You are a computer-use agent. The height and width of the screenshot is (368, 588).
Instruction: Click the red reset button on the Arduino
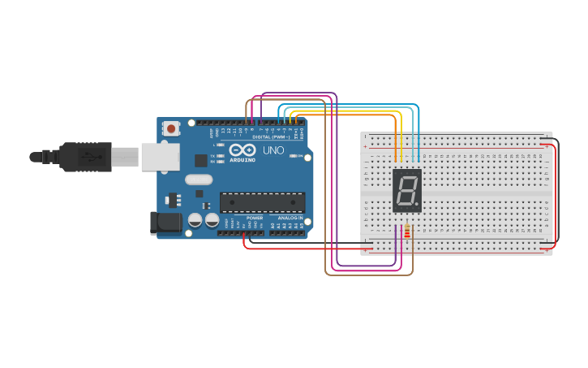tap(171, 128)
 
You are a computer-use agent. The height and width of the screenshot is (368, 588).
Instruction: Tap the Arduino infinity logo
tap(242, 150)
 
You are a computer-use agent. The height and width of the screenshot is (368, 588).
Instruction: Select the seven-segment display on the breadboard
tap(406, 191)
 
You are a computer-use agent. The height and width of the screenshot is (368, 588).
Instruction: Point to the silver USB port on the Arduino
tap(160, 157)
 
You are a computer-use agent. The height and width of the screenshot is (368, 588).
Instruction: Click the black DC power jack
tap(166, 223)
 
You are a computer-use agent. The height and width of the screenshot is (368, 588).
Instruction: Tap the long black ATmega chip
tap(262, 202)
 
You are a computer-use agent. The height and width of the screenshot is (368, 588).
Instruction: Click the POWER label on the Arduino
tap(255, 219)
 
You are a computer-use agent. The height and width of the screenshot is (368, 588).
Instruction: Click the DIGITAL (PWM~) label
tap(271, 136)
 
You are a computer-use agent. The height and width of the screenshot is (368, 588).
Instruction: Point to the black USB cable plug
tap(85, 157)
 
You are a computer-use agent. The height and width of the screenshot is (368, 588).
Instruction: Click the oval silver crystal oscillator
tap(199, 180)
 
